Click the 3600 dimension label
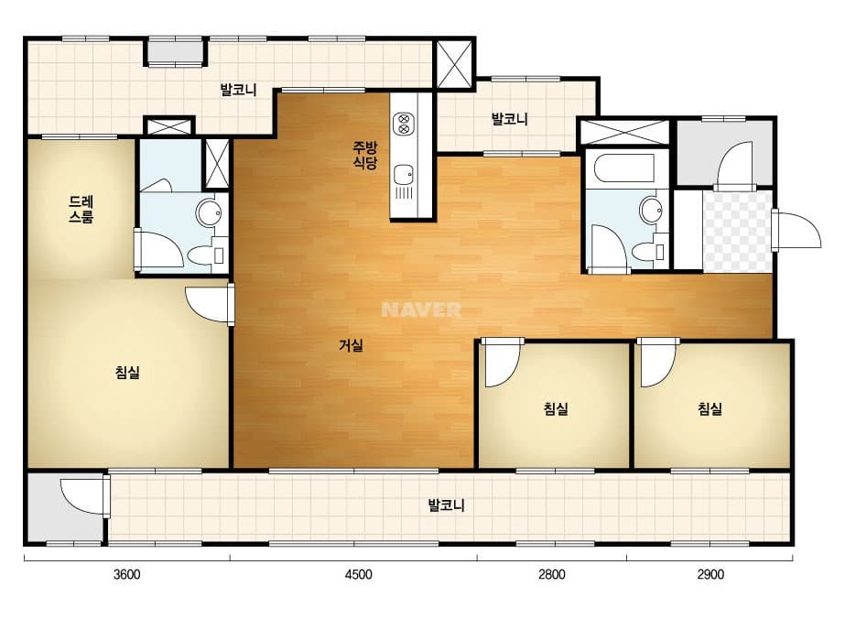pyautogui.click(x=126, y=574)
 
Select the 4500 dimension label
pyautogui.click(x=358, y=574)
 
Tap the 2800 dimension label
pyautogui.click(x=552, y=574)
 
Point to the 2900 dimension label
pyautogui.click(x=710, y=574)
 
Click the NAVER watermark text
pyautogui.click(x=421, y=309)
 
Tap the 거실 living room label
pyautogui.click(x=351, y=345)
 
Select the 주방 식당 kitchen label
pyautogui.click(x=365, y=156)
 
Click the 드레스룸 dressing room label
pyautogui.click(x=81, y=209)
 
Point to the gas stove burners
pyautogui.click(x=404, y=124)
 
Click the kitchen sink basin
pyautogui.click(x=403, y=175)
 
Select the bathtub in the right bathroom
pyautogui.click(x=624, y=168)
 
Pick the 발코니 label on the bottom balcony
pyautogui.click(x=446, y=505)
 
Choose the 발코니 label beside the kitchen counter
pyautogui.click(x=509, y=119)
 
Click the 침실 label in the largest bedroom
pyautogui.click(x=128, y=372)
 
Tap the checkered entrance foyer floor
pyautogui.click(x=738, y=231)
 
